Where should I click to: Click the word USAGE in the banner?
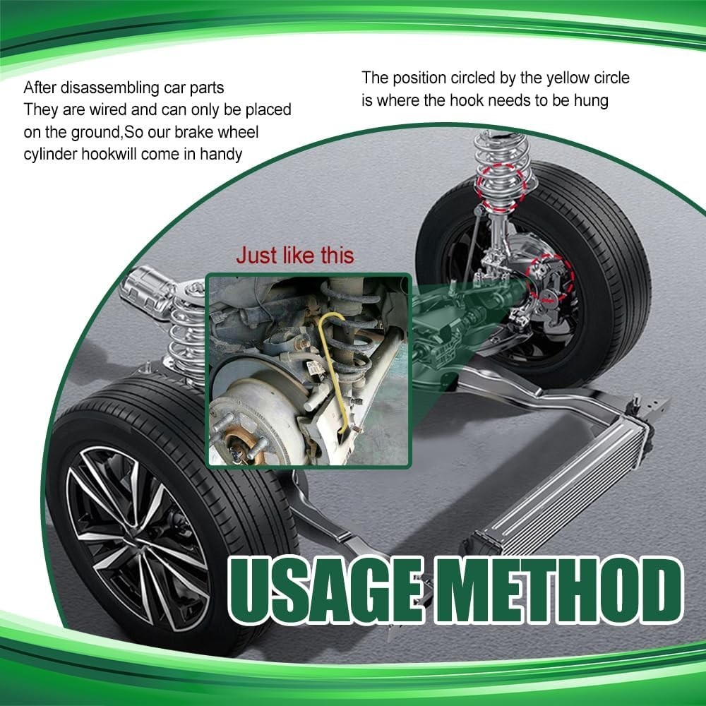[326, 590]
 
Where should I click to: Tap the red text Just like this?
[295, 256]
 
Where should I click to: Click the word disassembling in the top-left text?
[110, 88]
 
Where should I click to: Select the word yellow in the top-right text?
[568, 78]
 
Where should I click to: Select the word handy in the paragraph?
[221, 154]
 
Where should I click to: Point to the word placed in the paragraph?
[268, 110]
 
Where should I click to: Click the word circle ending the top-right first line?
[611, 78]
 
